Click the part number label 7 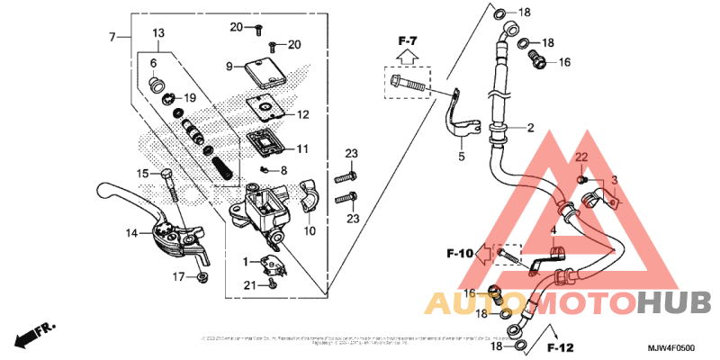coord(112,37)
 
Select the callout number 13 coord(157,33)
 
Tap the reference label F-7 coord(408,41)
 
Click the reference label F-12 coord(560,347)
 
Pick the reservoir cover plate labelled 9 coord(255,67)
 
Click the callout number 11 coord(302,148)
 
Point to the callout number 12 coord(302,114)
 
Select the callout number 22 coord(581,157)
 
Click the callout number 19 coord(190,97)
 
